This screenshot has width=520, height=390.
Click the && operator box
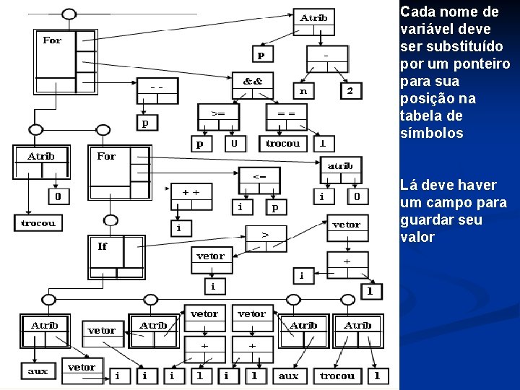coord(253,81)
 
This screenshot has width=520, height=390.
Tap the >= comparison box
coord(217,113)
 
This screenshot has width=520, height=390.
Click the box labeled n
coord(303,91)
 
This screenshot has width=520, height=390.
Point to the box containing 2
coord(350,91)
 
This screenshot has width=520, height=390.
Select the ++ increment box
coord(191,193)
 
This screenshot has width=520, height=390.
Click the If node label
coord(103,246)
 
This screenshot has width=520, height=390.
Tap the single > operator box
coord(266,235)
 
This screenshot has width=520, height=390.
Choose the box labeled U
coord(233,143)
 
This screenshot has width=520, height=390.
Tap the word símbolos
coord(431,134)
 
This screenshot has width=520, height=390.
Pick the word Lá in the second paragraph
coord(408,186)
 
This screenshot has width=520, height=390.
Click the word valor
coord(417,238)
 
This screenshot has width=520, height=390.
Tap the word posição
coord(427,99)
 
